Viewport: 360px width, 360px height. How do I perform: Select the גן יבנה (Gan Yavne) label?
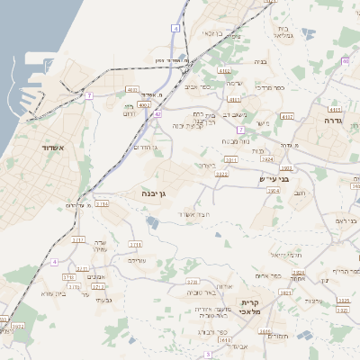point(152,193)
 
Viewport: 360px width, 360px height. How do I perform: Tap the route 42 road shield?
point(157,114)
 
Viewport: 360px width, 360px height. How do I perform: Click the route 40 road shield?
point(346,61)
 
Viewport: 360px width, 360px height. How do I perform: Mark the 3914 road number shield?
point(102,203)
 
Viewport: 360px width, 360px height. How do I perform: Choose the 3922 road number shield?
point(221,174)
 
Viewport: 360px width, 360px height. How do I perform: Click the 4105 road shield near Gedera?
point(335,109)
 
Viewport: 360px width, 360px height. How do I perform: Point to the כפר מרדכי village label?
point(268,88)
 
